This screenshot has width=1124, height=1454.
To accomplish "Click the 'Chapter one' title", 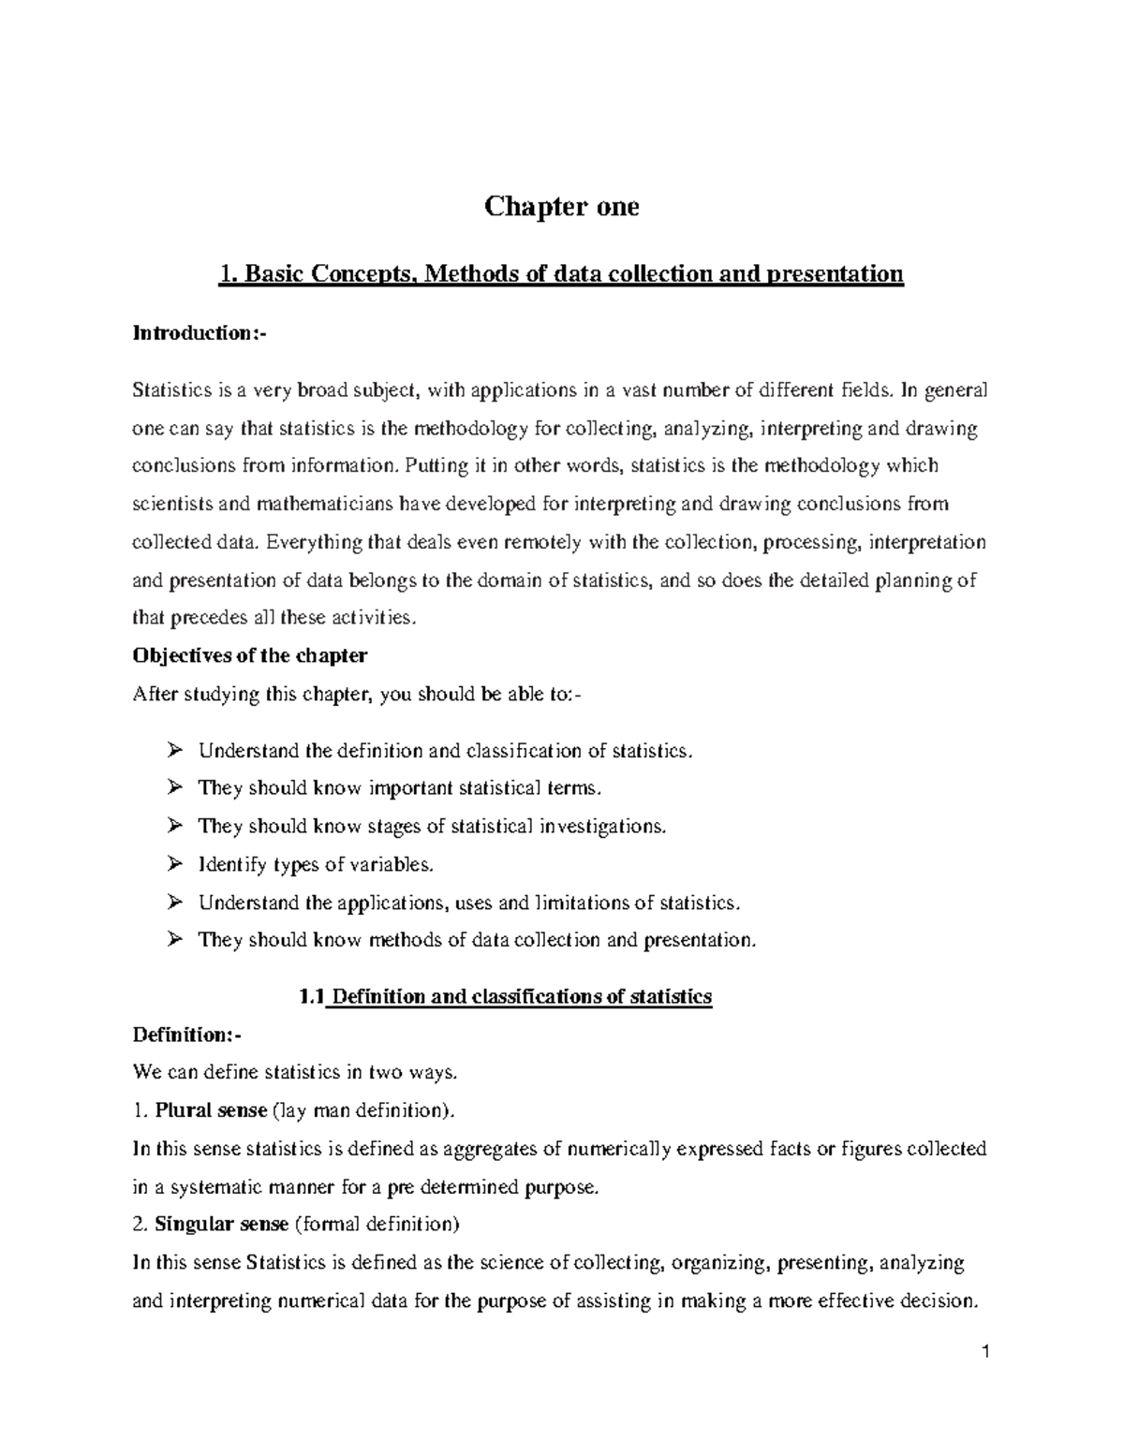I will click(x=561, y=206).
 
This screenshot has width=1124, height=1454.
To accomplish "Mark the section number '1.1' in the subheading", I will click(x=311, y=996).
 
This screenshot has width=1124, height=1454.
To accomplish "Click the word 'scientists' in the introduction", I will click(x=173, y=504).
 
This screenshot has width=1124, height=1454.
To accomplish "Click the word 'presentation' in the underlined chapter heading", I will click(x=836, y=274).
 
